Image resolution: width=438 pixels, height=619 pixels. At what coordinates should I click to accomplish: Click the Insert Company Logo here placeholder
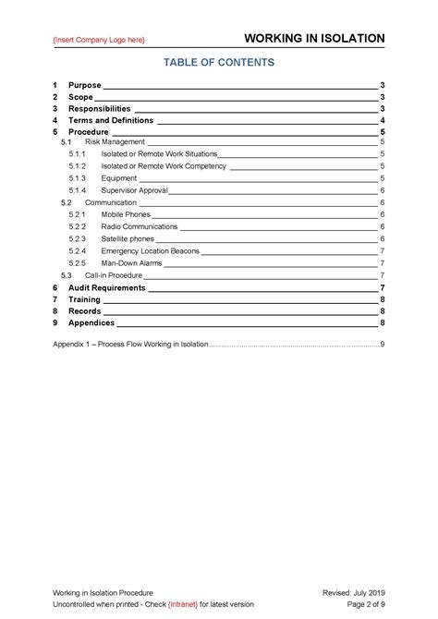click(99, 40)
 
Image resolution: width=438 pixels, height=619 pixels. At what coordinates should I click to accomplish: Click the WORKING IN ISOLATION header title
click(314, 39)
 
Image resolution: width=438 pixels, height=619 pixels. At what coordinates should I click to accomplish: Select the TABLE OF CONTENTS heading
click(219, 63)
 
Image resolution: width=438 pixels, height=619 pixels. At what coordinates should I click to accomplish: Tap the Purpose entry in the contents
click(85, 85)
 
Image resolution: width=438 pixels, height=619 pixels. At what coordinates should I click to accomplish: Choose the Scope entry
click(80, 97)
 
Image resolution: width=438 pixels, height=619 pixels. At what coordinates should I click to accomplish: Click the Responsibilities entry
click(106, 108)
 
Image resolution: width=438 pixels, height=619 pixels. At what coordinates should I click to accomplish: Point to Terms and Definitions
click(111, 120)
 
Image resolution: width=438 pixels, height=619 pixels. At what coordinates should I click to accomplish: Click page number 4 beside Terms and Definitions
click(382, 120)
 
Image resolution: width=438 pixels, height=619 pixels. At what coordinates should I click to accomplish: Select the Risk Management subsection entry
click(115, 142)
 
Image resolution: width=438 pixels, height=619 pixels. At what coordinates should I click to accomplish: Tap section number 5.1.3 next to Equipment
click(77, 177)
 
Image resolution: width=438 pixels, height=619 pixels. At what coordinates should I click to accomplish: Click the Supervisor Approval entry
click(134, 189)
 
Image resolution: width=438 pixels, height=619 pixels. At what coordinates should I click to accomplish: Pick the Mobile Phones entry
click(126, 214)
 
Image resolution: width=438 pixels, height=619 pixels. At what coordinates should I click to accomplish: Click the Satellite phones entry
click(128, 238)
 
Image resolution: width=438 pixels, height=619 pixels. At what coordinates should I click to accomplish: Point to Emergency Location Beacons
click(150, 250)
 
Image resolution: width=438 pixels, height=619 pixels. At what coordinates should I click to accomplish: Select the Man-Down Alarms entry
click(131, 262)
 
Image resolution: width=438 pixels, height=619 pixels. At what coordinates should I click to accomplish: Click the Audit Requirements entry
click(107, 287)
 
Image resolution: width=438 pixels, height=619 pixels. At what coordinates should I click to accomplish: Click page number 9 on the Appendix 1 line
click(382, 345)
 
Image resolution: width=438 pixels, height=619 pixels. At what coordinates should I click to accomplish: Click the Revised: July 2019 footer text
click(351, 591)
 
